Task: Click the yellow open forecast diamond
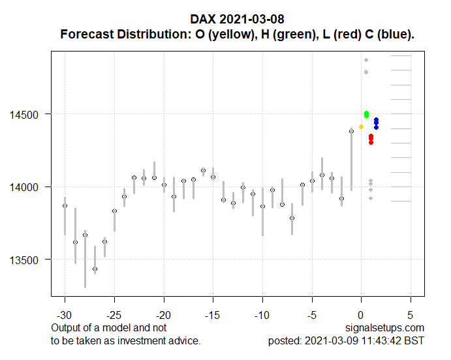(361, 127)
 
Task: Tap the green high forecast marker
(367, 114)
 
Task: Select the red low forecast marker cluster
(371, 138)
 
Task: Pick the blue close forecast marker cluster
(376, 123)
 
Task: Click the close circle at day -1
(351, 131)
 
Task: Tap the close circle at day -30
(65, 205)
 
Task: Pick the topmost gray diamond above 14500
(366, 60)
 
